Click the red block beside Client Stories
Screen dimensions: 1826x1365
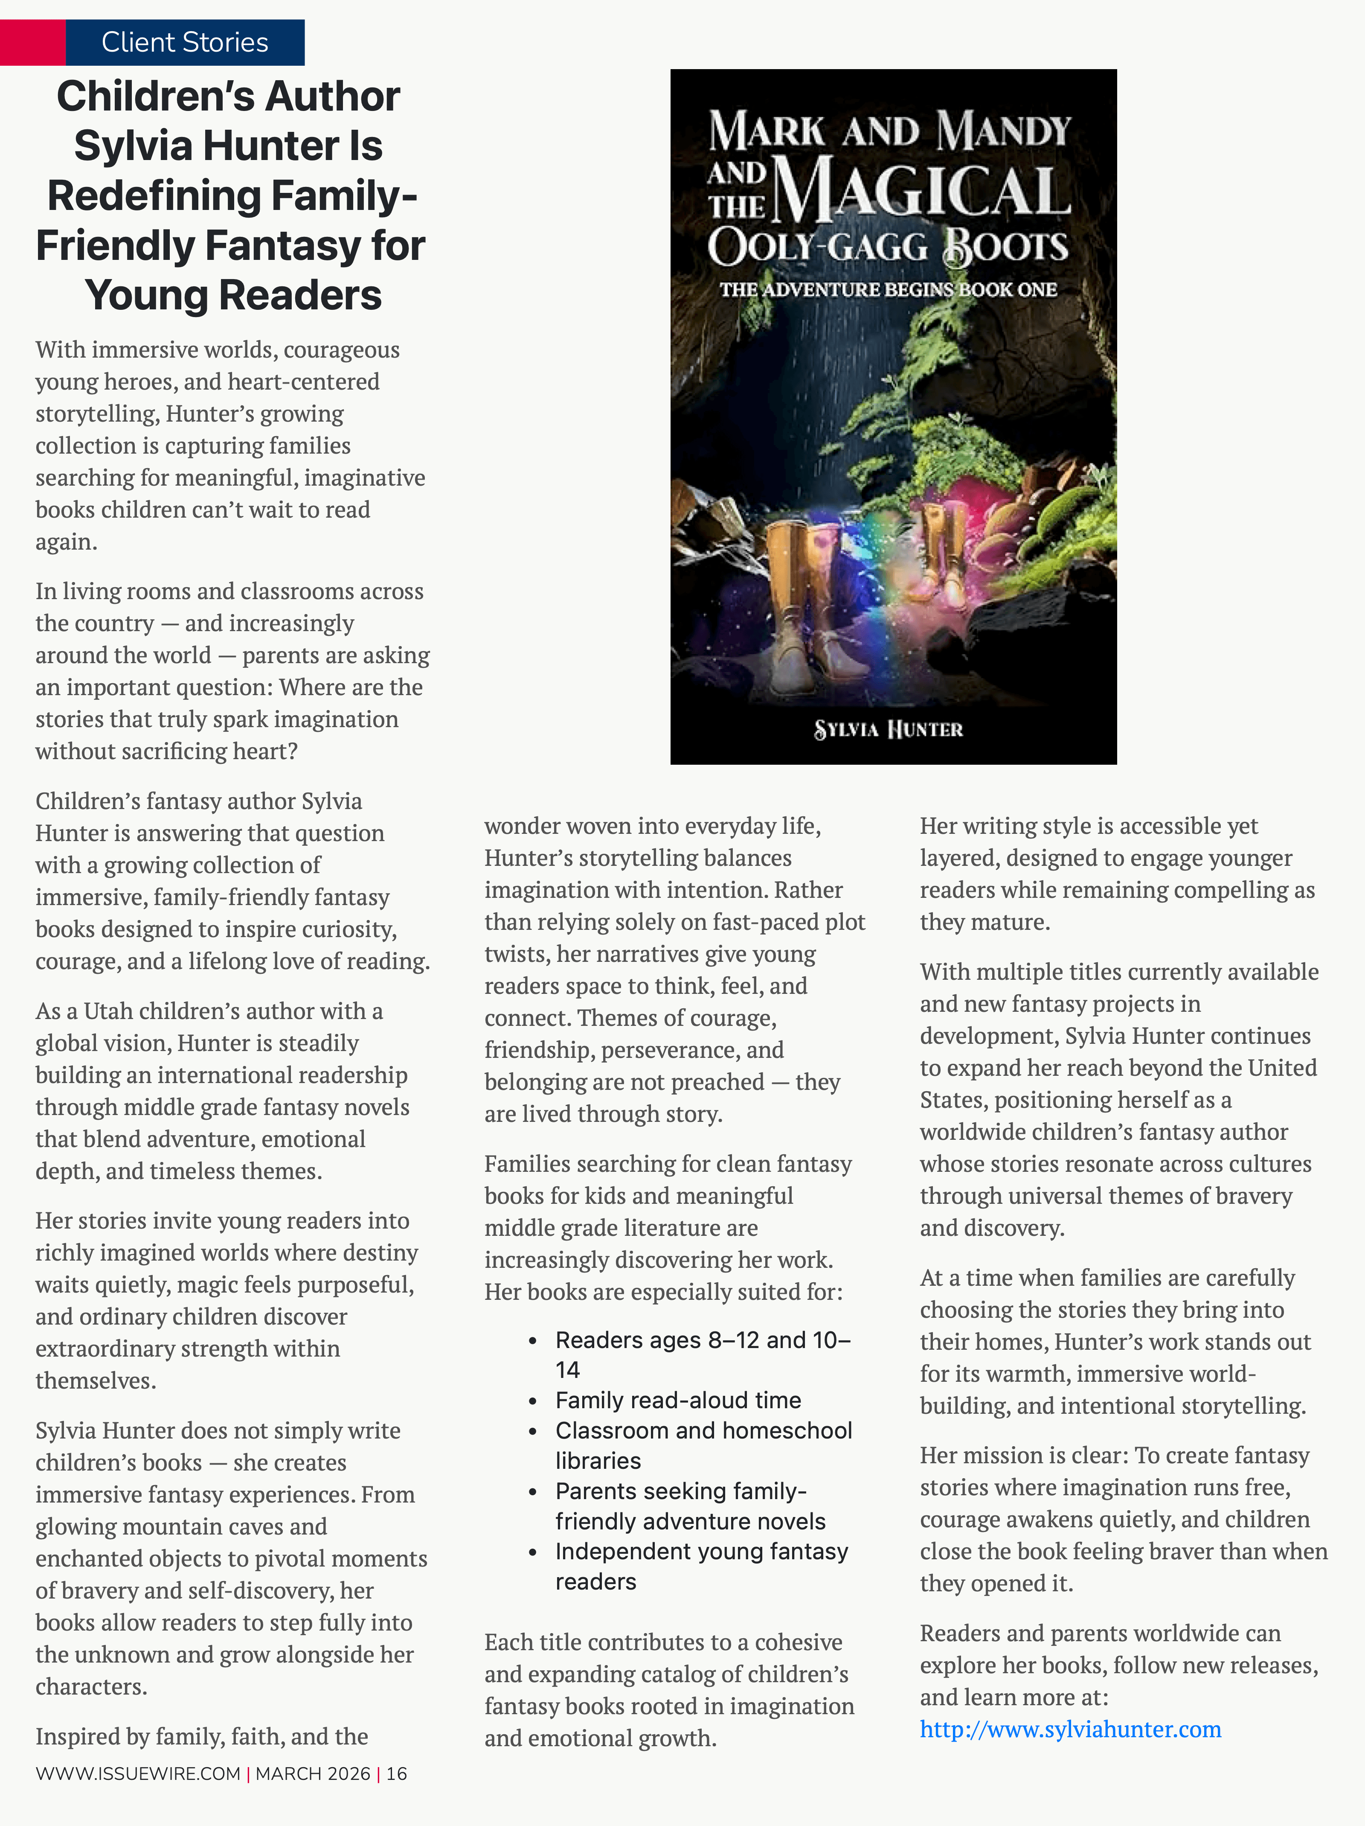pos(32,42)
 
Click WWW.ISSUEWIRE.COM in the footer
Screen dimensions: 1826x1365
pos(138,1773)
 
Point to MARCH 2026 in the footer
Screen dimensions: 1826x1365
pos(313,1773)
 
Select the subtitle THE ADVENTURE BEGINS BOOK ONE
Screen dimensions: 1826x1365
pos(888,290)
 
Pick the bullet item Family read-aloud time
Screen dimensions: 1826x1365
pos(677,1400)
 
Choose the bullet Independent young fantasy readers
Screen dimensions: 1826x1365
pos(701,1566)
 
